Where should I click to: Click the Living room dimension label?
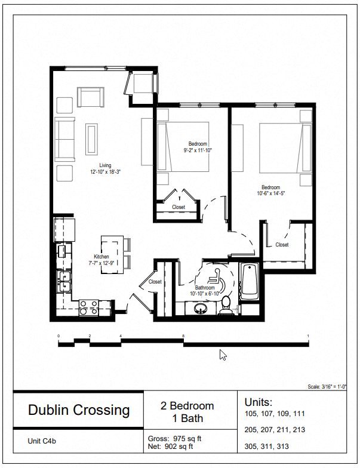tap(105, 168)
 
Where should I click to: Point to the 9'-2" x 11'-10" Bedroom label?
tap(198, 147)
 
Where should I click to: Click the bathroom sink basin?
tap(201, 309)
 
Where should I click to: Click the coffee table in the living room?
tap(91, 138)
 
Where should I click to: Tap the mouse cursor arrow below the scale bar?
tap(223, 355)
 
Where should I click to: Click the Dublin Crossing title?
tap(79, 410)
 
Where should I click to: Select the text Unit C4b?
tap(42, 442)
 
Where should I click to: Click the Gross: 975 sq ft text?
tap(174, 439)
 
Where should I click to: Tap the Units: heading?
tap(258, 401)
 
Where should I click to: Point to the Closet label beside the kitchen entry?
tap(155, 282)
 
